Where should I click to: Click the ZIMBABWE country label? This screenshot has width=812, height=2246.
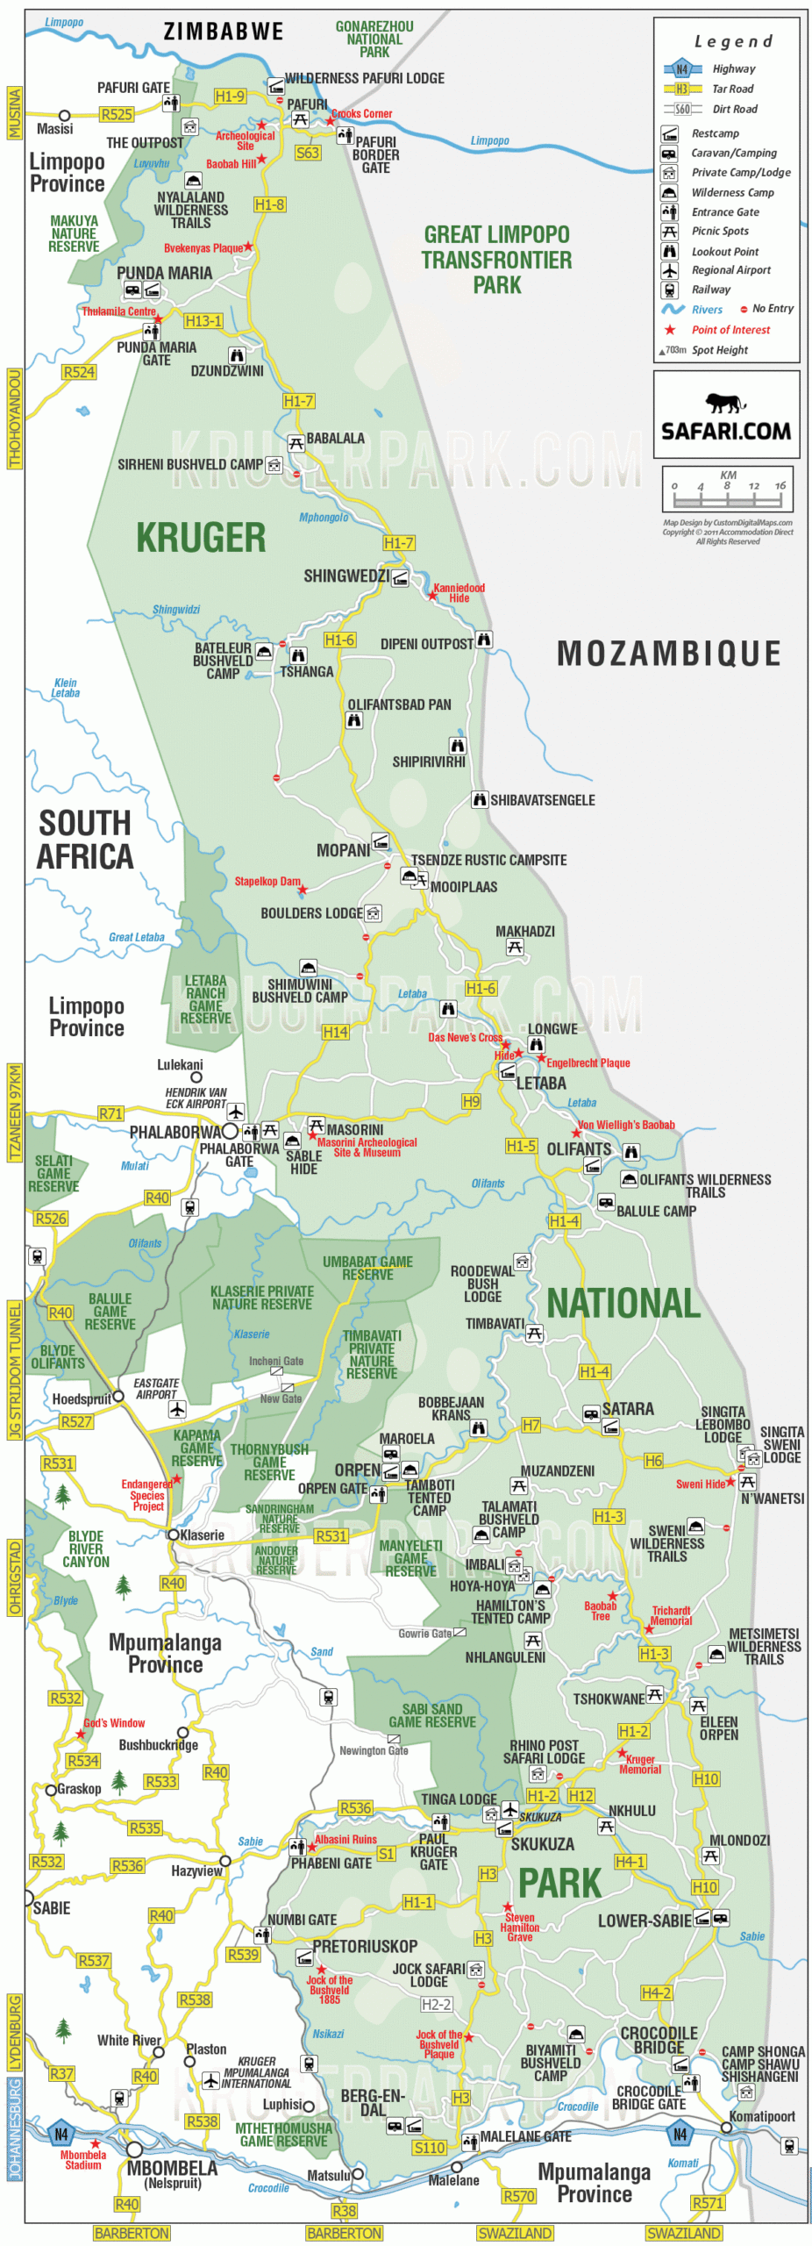click(224, 32)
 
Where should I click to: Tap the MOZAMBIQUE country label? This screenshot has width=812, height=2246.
click(668, 654)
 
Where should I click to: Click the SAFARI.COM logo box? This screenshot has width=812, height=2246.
click(725, 415)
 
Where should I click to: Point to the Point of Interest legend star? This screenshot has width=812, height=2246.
click(670, 330)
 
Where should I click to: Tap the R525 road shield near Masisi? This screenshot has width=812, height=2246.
click(116, 114)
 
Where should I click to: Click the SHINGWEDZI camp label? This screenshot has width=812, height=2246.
click(345, 576)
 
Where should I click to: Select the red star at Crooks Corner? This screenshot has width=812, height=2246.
click(331, 120)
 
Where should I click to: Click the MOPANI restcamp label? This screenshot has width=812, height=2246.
click(343, 850)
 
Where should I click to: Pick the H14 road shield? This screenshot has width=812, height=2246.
click(335, 1032)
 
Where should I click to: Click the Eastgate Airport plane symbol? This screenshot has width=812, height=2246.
click(177, 1409)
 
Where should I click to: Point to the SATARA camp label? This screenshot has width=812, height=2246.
click(627, 1409)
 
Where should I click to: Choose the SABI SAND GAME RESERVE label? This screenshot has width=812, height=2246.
click(431, 1715)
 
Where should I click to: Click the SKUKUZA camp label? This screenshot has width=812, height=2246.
click(542, 1844)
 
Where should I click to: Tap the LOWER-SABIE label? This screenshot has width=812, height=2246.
click(644, 1921)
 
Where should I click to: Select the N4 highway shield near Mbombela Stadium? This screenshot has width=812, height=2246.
click(61, 2134)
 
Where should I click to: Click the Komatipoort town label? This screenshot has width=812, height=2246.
click(761, 2116)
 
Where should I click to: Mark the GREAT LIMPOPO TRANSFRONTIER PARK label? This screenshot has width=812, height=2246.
click(496, 260)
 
